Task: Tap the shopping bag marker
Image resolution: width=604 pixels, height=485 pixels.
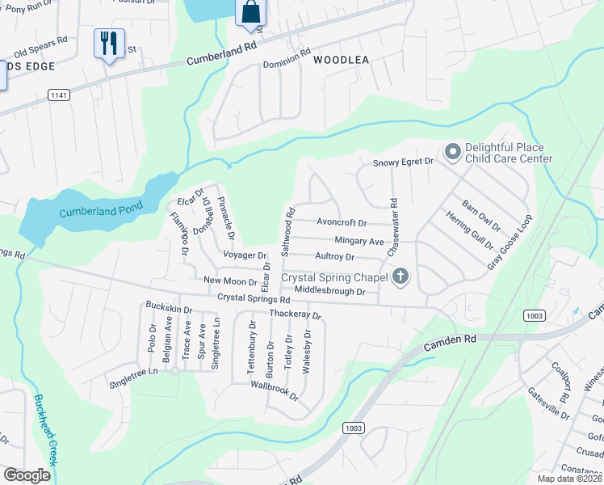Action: coord(250,13)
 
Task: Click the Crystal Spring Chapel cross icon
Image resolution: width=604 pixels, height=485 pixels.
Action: coord(400,277)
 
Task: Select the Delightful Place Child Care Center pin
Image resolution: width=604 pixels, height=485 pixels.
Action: coord(452,151)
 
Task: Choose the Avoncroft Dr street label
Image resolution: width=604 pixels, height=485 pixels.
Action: coord(342,223)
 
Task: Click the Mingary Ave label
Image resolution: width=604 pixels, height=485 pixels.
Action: coord(359,241)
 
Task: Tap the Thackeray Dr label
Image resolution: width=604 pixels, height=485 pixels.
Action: coord(296,314)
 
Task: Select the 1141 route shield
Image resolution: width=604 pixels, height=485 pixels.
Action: coord(59,95)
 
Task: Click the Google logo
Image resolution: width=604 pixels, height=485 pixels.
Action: coord(27,474)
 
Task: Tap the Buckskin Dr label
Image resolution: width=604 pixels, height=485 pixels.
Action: coord(169,309)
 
